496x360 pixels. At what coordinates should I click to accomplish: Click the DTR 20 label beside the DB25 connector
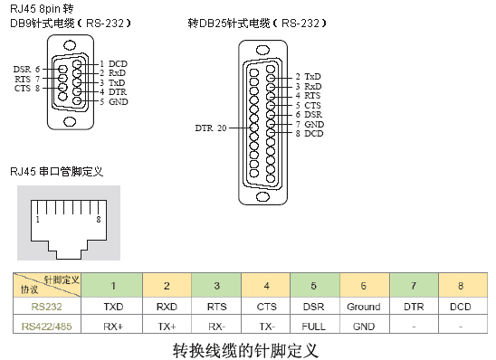pos(211,128)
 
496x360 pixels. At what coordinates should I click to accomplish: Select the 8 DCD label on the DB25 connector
pos(310,134)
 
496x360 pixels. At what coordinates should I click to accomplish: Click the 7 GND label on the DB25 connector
pos(310,124)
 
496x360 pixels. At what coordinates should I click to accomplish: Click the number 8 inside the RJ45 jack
pos(97,219)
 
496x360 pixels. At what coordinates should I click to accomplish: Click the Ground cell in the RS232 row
pos(362,307)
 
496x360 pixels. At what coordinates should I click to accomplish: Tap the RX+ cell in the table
pos(113,326)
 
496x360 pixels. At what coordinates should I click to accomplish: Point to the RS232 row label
pos(46,307)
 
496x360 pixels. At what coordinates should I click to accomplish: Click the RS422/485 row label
pos(46,326)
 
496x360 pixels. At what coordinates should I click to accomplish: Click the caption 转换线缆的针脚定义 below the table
pos(245,348)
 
